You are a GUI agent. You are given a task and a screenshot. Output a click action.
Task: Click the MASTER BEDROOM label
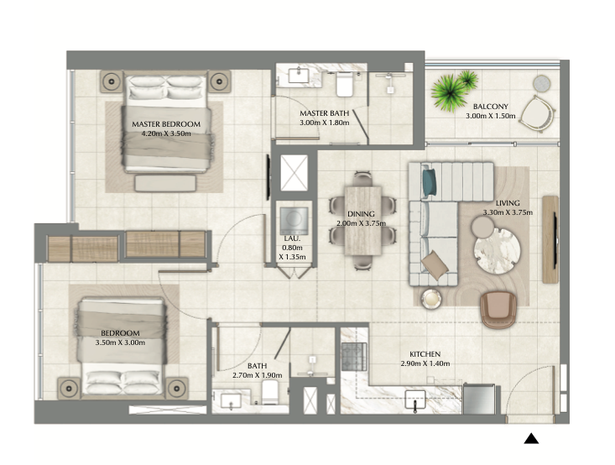[166, 124]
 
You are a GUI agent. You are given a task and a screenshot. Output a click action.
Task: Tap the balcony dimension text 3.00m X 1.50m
[490, 116]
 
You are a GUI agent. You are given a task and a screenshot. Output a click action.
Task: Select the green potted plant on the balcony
[452, 91]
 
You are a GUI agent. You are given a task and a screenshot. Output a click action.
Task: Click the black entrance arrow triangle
[531, 438]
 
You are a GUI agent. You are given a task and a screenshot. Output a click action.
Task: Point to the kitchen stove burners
[354, 357]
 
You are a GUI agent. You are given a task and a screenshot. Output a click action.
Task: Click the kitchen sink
[415, 400]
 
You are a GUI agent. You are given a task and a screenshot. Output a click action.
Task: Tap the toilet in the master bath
[345, 84]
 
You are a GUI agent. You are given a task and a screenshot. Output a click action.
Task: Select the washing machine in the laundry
[294, 221]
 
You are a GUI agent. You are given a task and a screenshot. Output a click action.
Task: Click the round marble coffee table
[497, 251]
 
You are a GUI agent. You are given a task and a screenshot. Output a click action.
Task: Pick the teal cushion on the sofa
[430, 183]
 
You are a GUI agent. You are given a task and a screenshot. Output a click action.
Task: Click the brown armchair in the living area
[498, 309]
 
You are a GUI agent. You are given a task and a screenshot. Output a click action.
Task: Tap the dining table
[362, 221]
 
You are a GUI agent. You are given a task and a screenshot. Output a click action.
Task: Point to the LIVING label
[508, 203]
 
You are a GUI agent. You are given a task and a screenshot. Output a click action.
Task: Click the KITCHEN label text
[425, 354]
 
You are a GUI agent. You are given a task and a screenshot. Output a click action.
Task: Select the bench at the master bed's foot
[165, 183]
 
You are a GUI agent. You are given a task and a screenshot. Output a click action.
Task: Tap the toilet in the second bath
[270, 392]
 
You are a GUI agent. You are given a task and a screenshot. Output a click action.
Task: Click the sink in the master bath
[299, 76]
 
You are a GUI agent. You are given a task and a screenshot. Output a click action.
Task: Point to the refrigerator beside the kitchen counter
[479, 399]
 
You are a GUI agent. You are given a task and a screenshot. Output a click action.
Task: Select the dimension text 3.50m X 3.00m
[120, 342]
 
